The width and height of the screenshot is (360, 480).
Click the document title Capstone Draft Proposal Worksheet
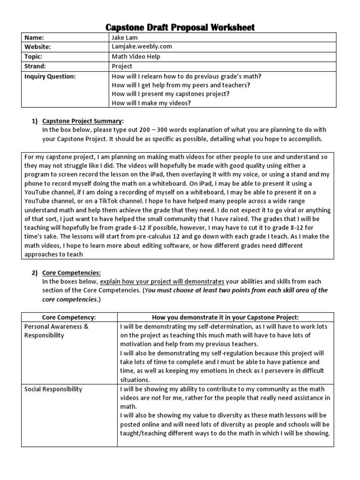tap(180, 27)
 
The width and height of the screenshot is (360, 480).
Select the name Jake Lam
tap(124, 37)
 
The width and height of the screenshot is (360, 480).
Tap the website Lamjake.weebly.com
tap(142, 47)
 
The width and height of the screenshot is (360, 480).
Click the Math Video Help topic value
tap(135, 57)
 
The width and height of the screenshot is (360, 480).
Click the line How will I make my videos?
tap(151, 104)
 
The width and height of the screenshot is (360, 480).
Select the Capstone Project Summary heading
tap(82, 121)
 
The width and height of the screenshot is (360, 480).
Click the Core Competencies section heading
tap(71, 272)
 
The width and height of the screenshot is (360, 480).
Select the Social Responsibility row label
tap(53, 389)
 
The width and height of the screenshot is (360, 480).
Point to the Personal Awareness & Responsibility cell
tap(56, 331)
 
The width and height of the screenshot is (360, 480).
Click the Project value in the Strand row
tap(122, 66)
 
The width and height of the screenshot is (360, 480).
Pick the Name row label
tap(36, 37)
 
